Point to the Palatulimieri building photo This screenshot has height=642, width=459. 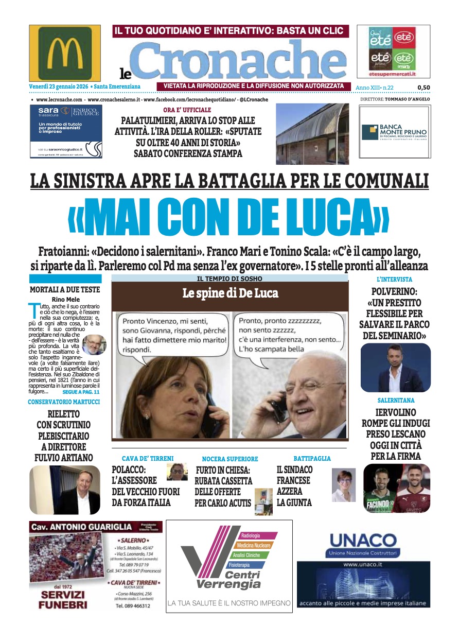click(x=312, y=133)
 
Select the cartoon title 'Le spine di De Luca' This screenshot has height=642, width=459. click(x=230, y=293)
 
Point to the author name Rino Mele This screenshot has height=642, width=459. click(x=65, y=300)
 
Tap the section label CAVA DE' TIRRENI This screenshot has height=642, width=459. click(x=148, y=458)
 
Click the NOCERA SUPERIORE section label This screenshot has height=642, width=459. click(x=230, y=459)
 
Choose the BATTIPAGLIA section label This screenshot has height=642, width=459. click(x=312, y=458)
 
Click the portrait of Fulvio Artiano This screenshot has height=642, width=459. click(x=65, y=490)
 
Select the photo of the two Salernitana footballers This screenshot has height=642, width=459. click(x=396, y=488)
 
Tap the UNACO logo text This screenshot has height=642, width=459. click(x=363, y=540)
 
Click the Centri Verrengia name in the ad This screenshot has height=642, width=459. click(x=228, y=580)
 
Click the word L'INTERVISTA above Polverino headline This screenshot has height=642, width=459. click(x=394, y=279)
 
